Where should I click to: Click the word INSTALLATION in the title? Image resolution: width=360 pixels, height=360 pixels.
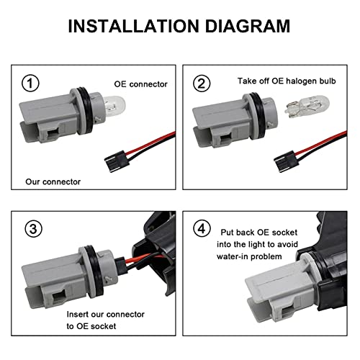(134, 26)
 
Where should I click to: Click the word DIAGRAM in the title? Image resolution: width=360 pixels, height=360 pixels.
(248, 26)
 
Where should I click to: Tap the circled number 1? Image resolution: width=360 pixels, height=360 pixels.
(30, 84)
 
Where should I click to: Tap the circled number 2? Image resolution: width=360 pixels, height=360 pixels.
(202, 84)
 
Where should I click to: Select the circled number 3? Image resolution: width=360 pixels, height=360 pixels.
(33, 229)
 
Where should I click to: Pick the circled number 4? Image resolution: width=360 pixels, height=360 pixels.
(202, 228)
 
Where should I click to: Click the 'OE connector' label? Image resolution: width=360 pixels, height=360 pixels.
(140, 84)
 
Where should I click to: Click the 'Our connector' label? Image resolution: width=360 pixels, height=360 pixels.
(53, 181)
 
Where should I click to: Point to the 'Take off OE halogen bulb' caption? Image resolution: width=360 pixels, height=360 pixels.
(287, 81)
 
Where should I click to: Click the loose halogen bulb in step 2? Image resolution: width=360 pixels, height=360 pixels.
(307, 107)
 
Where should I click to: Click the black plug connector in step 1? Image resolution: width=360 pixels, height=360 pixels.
(117, 161)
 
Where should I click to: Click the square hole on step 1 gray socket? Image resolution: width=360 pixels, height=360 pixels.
(53, 132)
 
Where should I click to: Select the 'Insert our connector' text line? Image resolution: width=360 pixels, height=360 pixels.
(106, 314)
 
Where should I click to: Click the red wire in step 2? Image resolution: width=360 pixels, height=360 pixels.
(322, 143)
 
